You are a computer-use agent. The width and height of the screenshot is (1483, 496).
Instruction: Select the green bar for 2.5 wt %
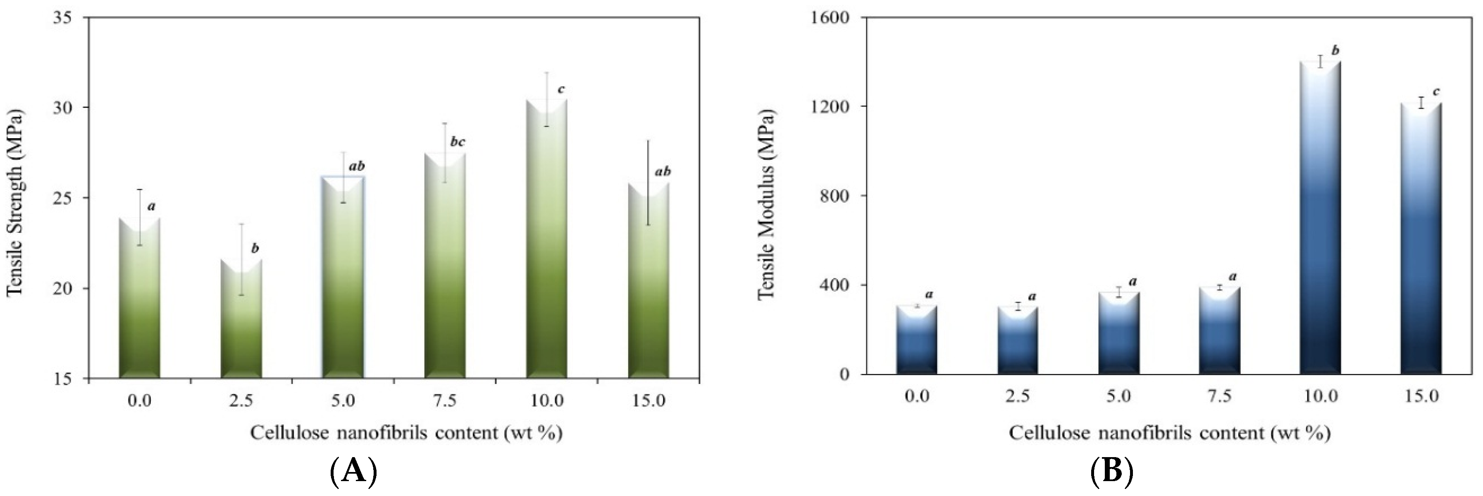pyautogui.click(x=241, y=323)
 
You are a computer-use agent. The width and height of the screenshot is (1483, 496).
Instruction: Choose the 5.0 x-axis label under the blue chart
pyautogui.click(x=1118, y=396)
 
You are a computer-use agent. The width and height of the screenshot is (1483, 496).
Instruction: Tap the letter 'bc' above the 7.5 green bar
pyautogui.click(x=457, y=142)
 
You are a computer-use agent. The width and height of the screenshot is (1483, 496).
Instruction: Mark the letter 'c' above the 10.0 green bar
pyautogui.click(x=561, y=89)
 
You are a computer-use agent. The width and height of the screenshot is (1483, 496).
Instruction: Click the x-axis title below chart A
pyautogui.click(x=406, y=433)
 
